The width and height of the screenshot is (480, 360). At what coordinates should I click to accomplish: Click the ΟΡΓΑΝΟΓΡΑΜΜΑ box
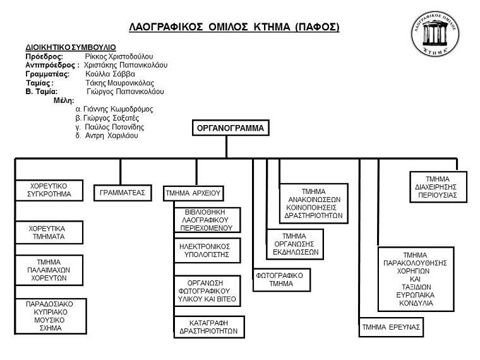point(231,128)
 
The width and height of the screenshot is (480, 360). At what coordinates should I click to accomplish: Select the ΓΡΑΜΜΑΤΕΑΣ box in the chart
point(123,193)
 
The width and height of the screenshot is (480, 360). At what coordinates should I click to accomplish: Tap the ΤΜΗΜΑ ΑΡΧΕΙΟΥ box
point(193,193)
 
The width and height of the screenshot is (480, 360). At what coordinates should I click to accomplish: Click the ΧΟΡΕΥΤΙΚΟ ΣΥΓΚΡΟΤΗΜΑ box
point(49,190)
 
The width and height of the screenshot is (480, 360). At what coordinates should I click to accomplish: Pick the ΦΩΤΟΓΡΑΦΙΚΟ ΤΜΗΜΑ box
point(282,280)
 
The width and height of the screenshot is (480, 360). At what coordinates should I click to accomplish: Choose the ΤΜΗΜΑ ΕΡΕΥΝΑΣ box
point(391,327)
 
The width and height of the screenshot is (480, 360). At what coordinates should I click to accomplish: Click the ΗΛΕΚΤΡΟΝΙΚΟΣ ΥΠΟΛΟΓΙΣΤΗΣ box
point(207,250)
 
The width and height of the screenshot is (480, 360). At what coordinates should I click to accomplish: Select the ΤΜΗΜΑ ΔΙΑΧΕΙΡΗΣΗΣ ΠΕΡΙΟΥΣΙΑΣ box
point(438,187)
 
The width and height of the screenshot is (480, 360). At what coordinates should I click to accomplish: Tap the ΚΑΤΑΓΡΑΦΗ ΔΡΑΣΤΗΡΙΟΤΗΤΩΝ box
point(209,327)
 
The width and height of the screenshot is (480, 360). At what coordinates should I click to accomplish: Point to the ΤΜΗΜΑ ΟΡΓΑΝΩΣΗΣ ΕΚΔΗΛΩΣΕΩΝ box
point(295,244)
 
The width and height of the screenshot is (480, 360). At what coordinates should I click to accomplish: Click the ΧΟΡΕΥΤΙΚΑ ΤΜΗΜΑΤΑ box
point(49,232)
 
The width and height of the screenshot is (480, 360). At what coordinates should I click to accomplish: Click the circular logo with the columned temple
point(435,33)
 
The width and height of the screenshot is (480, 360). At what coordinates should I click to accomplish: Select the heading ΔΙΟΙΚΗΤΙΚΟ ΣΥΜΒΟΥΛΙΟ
point(71,47)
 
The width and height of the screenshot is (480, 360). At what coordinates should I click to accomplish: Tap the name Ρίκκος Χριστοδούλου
point(119,56)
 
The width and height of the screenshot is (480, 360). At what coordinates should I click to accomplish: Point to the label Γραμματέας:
point(47,74)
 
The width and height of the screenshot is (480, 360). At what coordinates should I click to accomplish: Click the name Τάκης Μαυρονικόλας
point(120,83)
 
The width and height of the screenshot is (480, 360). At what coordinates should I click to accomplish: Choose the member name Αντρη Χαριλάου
point(111,136)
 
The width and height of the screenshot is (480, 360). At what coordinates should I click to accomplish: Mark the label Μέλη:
point(64,100)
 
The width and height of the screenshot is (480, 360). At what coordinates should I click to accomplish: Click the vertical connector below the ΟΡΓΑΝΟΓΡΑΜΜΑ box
point(227,147)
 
